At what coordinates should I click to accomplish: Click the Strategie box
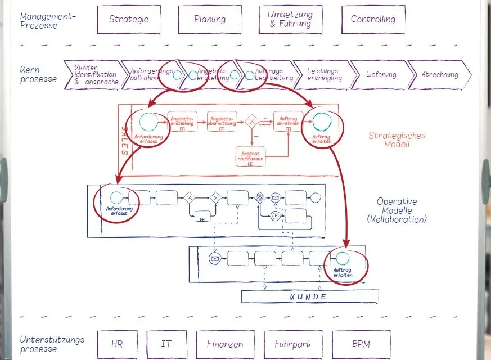[x=129, y=19]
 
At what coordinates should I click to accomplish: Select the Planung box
[x=210, y=19]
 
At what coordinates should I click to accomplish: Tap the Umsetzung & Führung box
[x=290, y=19]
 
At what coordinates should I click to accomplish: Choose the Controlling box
[x=373, y=19]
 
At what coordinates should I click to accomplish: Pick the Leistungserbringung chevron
[x=325, y=75]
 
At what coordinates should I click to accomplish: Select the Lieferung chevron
[x=381, y=75]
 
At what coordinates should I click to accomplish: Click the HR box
[x=116, y=344]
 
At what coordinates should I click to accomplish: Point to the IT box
[x=166, y=344]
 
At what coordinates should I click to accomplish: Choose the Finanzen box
[x=224, y=344]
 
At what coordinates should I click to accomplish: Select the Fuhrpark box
[x=292, y=344]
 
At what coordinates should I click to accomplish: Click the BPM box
[x=361, y=344]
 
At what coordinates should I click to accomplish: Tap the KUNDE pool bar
[x=308, y=296]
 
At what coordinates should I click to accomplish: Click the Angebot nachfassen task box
[x=250, y=155]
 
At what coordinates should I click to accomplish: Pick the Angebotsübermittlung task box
[x=221, y=121]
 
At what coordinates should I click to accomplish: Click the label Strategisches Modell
[x=397, y=139]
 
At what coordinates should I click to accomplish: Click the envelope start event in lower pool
[x=214, y=259]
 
